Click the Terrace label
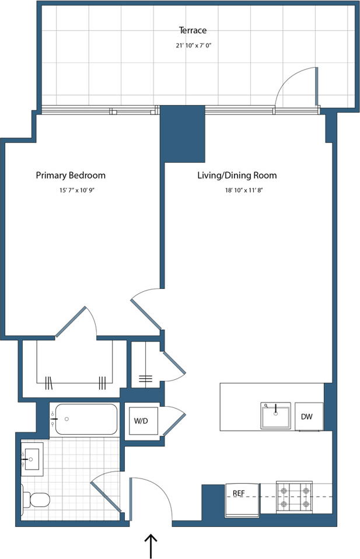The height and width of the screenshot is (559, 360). pyautogui.click(x=193, y=30)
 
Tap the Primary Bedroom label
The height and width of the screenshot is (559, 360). pyautogui.click(x=71, y=176)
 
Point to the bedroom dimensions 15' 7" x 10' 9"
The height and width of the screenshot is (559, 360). pyautogui.click(x=71, y=190)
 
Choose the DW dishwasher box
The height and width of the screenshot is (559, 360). pyautogui.click(x=308, y=417)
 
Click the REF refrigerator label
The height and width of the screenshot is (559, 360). pyautogui.click(x=239, y=493)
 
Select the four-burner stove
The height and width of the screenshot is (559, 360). pyautogui.click(x=294, y=497)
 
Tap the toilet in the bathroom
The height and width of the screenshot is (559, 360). pyautogui.click(x=37, y=500)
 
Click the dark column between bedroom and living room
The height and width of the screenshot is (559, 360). pyautogui.click(x=182, y=134)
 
